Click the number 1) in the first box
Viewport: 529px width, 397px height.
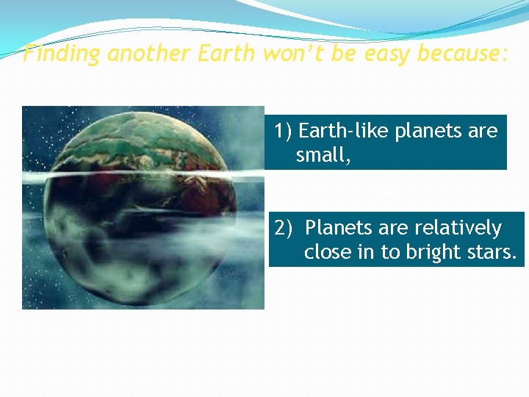[284, 131]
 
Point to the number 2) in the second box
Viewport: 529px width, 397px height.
[285, 228]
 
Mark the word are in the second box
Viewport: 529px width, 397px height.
[385, 228]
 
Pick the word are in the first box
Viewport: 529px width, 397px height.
[483, 131]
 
